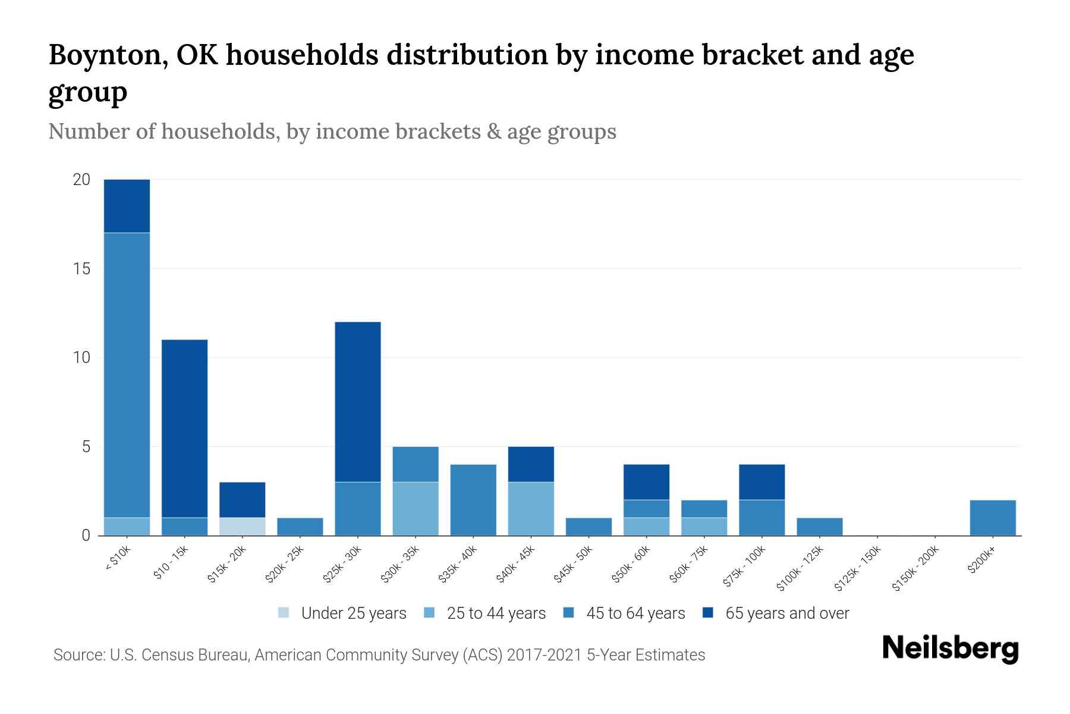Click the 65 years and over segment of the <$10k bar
click(x=127, y=206)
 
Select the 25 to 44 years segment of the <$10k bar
click(x=127, y=527)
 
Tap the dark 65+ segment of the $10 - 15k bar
click(x=184, y=428)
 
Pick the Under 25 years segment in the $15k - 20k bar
click(x=242, y=527)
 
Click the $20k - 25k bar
click(x=300, y=527)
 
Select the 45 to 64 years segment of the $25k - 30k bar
click(x=358, y=509)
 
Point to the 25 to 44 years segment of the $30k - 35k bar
click(x=416, y=509)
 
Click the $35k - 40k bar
click(x=473, y=500)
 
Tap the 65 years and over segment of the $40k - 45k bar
click(x=531, y=464)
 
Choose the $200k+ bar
click(x=993, y=518)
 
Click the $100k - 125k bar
click(x=820, y=527)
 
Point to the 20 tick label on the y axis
click(x=81, y=180)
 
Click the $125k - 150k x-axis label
click(x=857, y=569)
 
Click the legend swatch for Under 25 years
click(x=284, y=613)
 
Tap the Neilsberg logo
click(x=950, y=649)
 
